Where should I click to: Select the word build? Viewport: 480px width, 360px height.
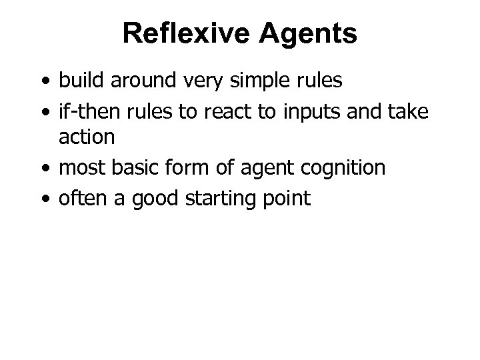click(x=79, y=81)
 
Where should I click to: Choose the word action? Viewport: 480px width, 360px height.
click(x=87, y=138)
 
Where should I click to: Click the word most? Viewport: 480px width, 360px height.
click(x=81, y=168)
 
